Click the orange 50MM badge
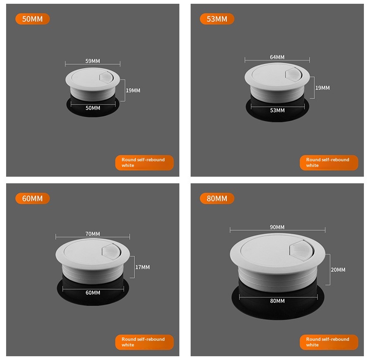[33, 19]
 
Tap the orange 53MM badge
[217, 19]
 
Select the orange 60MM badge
[33, 198]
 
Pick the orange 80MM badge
[217, 198]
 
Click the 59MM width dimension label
[93, 61]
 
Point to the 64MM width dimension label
[277, 57]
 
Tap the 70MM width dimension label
[93, 234]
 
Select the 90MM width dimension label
[277, 227]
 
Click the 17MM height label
[142, 267]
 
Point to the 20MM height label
[338, 270]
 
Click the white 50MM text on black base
[93, 108]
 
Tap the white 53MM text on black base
[277, 110]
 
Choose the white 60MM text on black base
[93, 292]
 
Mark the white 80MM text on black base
[277, 301]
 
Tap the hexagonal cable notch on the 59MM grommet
[107, 78]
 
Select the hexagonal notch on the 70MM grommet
[111, 252]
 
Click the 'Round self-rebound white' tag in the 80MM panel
[329, 342]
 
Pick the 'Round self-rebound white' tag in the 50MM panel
[144, 163]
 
